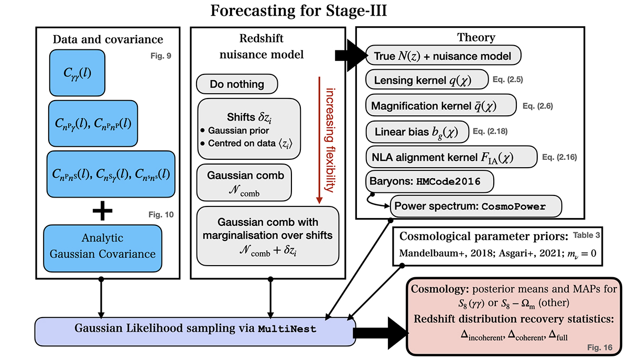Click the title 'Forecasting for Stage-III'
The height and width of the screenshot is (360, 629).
tap(298, 11)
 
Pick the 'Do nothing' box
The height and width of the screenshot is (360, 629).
tap(237, 84)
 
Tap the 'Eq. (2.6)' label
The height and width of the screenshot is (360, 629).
tap(538, 106)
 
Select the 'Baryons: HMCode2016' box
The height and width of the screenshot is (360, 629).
tap(430, 182)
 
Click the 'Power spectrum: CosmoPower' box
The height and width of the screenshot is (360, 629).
tap(475, 206)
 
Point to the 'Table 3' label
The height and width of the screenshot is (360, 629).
tap(588, 235)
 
